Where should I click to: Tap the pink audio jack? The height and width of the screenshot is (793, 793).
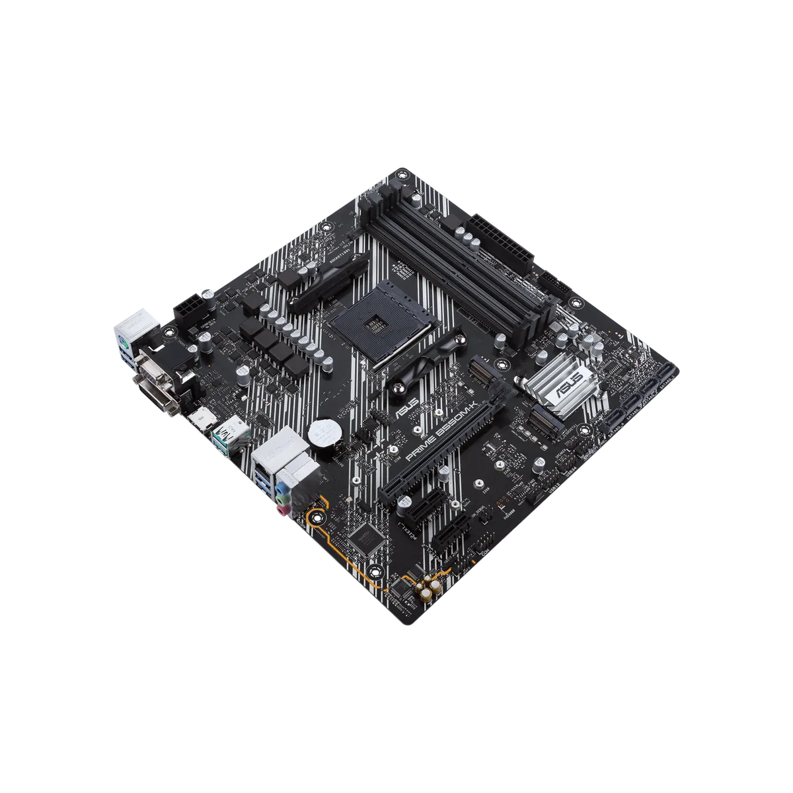coord(281,510)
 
